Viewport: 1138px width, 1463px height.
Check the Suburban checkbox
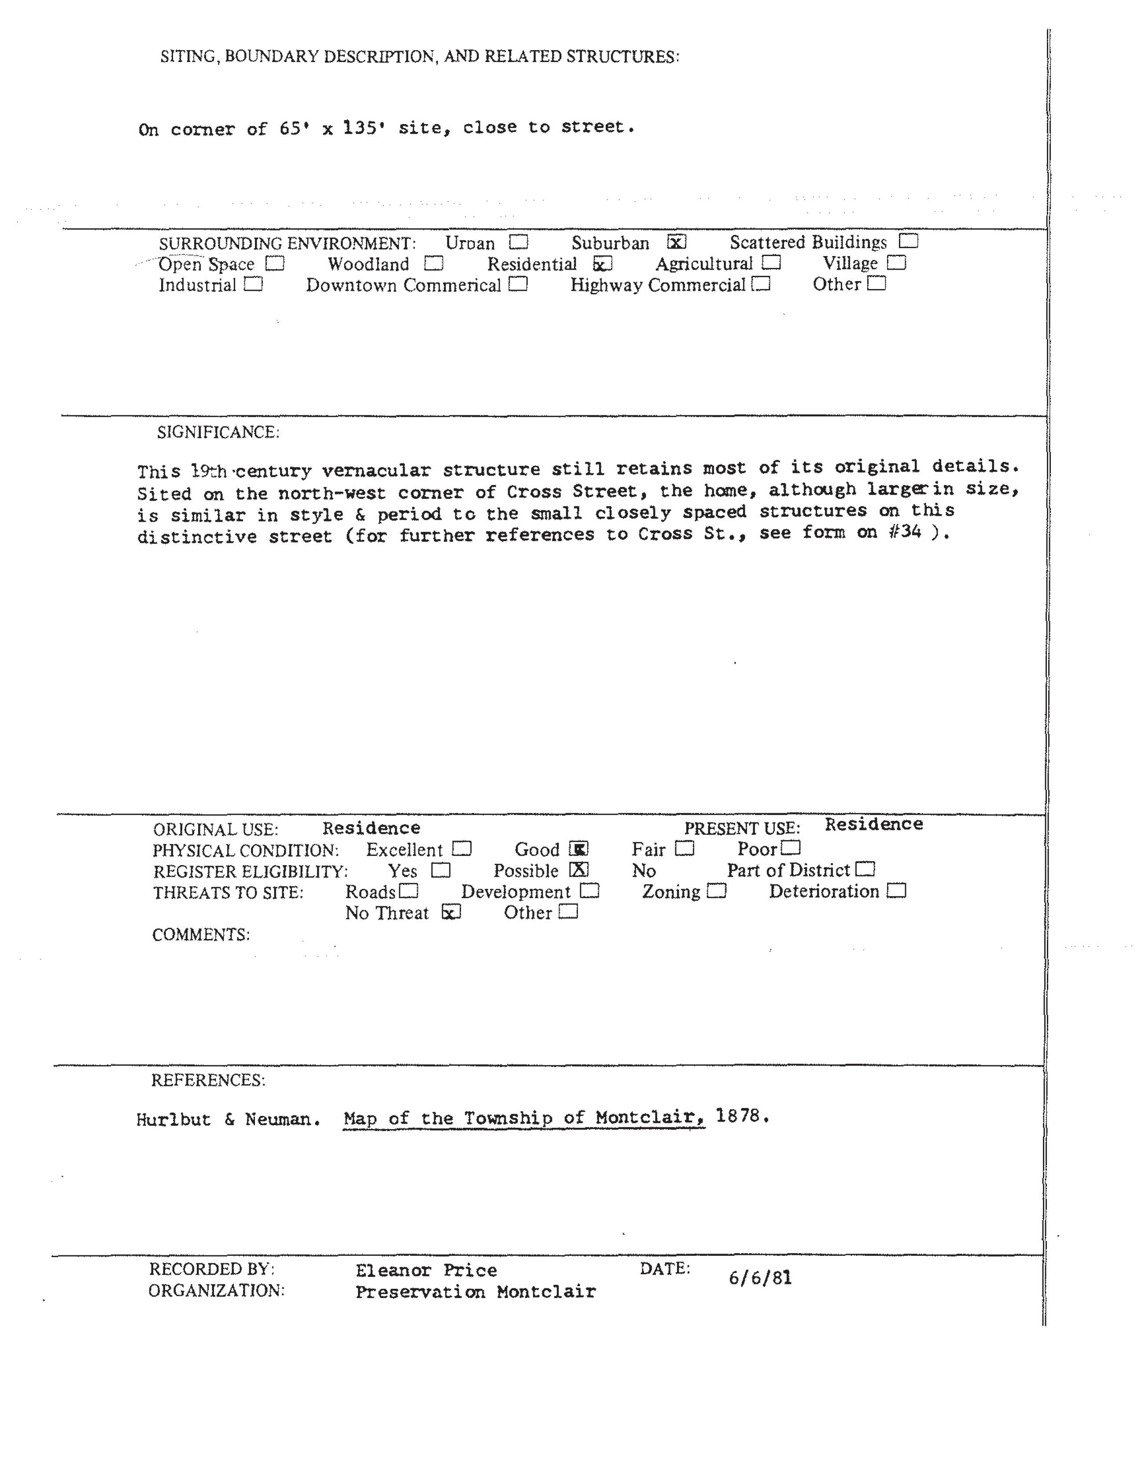677,242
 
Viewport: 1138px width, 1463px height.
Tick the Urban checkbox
518,242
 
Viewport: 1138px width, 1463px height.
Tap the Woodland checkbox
434,264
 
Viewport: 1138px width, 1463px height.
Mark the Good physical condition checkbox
578,849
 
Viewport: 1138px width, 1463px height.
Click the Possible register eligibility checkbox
579,869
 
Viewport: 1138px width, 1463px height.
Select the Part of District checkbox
866,869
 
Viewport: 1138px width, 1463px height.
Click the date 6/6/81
760,1278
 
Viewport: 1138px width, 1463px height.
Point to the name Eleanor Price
426,1271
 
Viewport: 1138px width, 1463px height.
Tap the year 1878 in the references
738,1116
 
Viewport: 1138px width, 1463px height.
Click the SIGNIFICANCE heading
218,433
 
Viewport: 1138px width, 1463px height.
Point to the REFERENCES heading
208,1081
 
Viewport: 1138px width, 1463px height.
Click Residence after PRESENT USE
873,824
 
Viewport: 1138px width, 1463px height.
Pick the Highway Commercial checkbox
761,285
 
